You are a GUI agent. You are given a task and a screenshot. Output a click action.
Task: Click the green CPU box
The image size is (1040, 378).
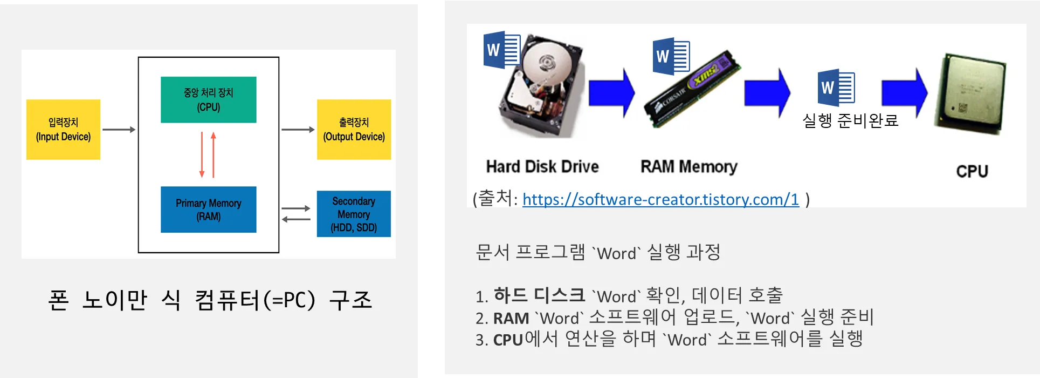[x=208, y=100]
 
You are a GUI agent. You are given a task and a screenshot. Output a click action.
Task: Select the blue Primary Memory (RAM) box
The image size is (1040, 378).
[x=208, y=210]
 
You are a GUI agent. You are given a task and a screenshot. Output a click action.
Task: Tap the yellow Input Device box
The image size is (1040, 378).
[x=63, y=130]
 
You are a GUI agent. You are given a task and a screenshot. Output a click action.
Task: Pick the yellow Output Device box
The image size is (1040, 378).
[x=354, y=130]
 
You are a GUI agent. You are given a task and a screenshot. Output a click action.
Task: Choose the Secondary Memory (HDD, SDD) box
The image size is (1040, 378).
[x=354, y=214]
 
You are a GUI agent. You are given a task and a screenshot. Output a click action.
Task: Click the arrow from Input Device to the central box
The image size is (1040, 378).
[x=119, y=130]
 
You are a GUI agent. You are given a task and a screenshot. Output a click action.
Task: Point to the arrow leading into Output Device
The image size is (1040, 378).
[x=298, y=130]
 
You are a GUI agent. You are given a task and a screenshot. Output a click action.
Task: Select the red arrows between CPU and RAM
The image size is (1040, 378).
[x=208, y=155]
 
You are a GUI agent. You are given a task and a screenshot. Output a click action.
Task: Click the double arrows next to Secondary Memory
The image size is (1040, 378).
[x=296, y=214]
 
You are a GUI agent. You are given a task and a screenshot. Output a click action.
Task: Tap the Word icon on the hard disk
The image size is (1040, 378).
[x=501, y=50]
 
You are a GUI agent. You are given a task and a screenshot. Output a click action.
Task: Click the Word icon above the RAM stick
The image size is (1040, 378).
[x=671, y=56]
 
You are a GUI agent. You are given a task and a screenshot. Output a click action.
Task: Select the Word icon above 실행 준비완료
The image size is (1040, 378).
[x=836, y=87]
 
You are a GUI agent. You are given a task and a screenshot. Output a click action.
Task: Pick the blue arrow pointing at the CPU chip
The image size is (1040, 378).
[x=904, y=92]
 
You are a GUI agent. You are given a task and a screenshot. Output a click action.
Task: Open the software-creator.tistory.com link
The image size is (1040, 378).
[x=660, y=200]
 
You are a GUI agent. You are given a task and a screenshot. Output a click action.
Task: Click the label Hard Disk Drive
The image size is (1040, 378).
[x=542, y=166]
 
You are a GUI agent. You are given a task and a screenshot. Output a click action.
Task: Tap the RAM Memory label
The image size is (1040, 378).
[x=688, y=167]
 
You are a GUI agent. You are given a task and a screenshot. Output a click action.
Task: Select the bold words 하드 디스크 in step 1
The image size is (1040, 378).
[x=539, y=295]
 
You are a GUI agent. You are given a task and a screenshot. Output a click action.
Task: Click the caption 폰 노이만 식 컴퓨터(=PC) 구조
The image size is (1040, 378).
[x=210, y=300]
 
